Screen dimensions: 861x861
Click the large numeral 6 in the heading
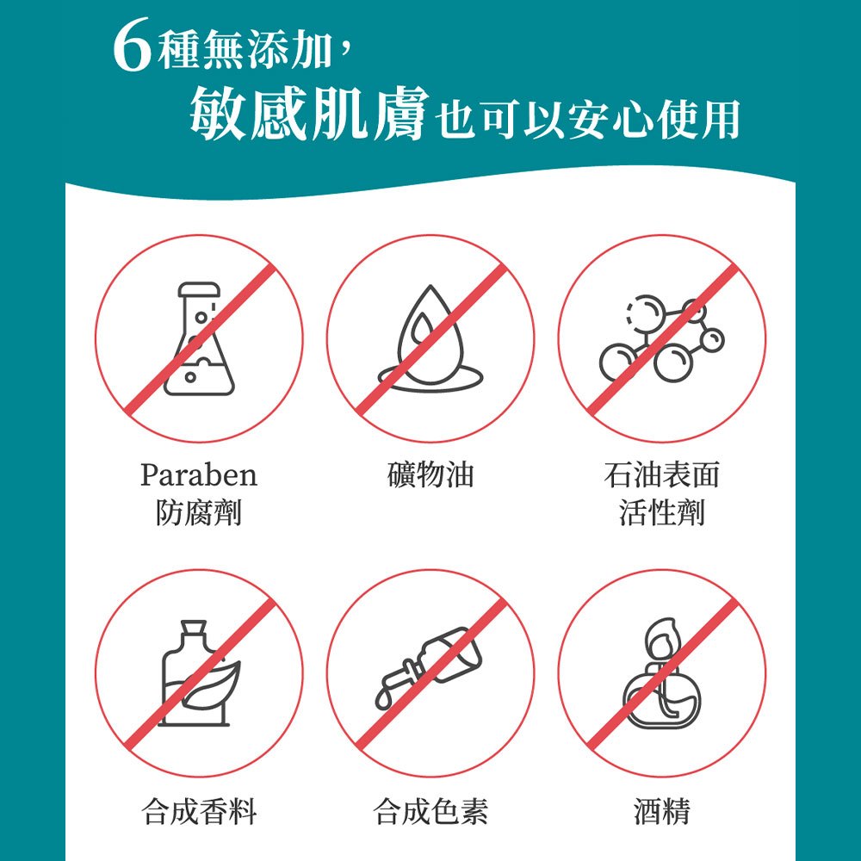pos(132,45)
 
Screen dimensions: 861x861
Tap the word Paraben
pos(199,475)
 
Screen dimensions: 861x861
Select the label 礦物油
pos(430,474)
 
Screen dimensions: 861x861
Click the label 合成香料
pos(199,811)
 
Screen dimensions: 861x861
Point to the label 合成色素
pos(430,811)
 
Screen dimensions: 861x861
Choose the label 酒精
pos(661,811)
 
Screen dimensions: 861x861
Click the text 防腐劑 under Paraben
pos(199,512)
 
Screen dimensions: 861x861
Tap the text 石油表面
pos(661,474)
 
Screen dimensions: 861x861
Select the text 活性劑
pos(661,512)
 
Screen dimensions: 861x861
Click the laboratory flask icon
pos(200,338)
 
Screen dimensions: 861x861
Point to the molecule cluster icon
pos(661,338)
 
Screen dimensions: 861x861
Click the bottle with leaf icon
pos(201,673)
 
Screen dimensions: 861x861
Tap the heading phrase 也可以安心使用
pos(588,119)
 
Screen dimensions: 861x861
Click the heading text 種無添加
pos(245,49)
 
